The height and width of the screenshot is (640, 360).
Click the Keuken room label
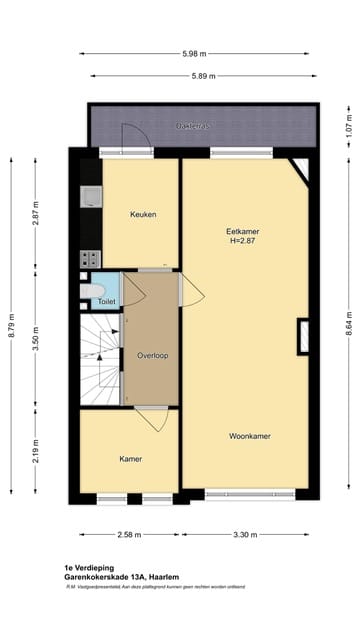point(143,215)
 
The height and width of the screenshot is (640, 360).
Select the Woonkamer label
point(249,436)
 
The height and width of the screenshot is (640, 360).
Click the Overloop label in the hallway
point(152,355)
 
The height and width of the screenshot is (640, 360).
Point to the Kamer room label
point(130,459)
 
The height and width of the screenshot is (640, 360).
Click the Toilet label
point(106,301)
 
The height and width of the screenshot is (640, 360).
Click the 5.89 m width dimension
point(204,75)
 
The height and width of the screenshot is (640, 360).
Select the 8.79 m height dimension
point(12,327)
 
